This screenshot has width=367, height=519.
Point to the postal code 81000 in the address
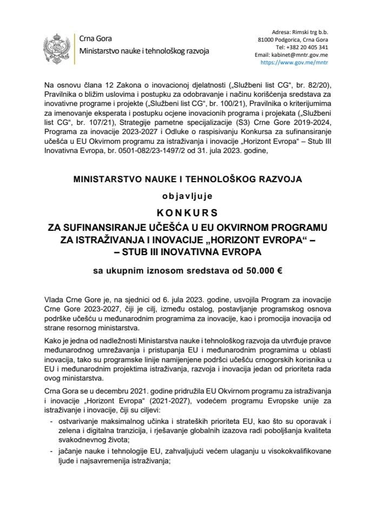(x=263, y=39)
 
